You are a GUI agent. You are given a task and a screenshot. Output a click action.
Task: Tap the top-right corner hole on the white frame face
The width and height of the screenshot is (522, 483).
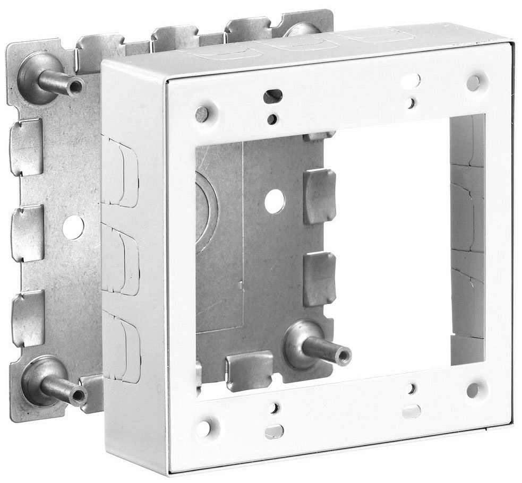[473, 82]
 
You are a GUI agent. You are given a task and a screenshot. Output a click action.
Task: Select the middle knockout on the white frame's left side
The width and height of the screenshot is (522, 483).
[121, 258]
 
